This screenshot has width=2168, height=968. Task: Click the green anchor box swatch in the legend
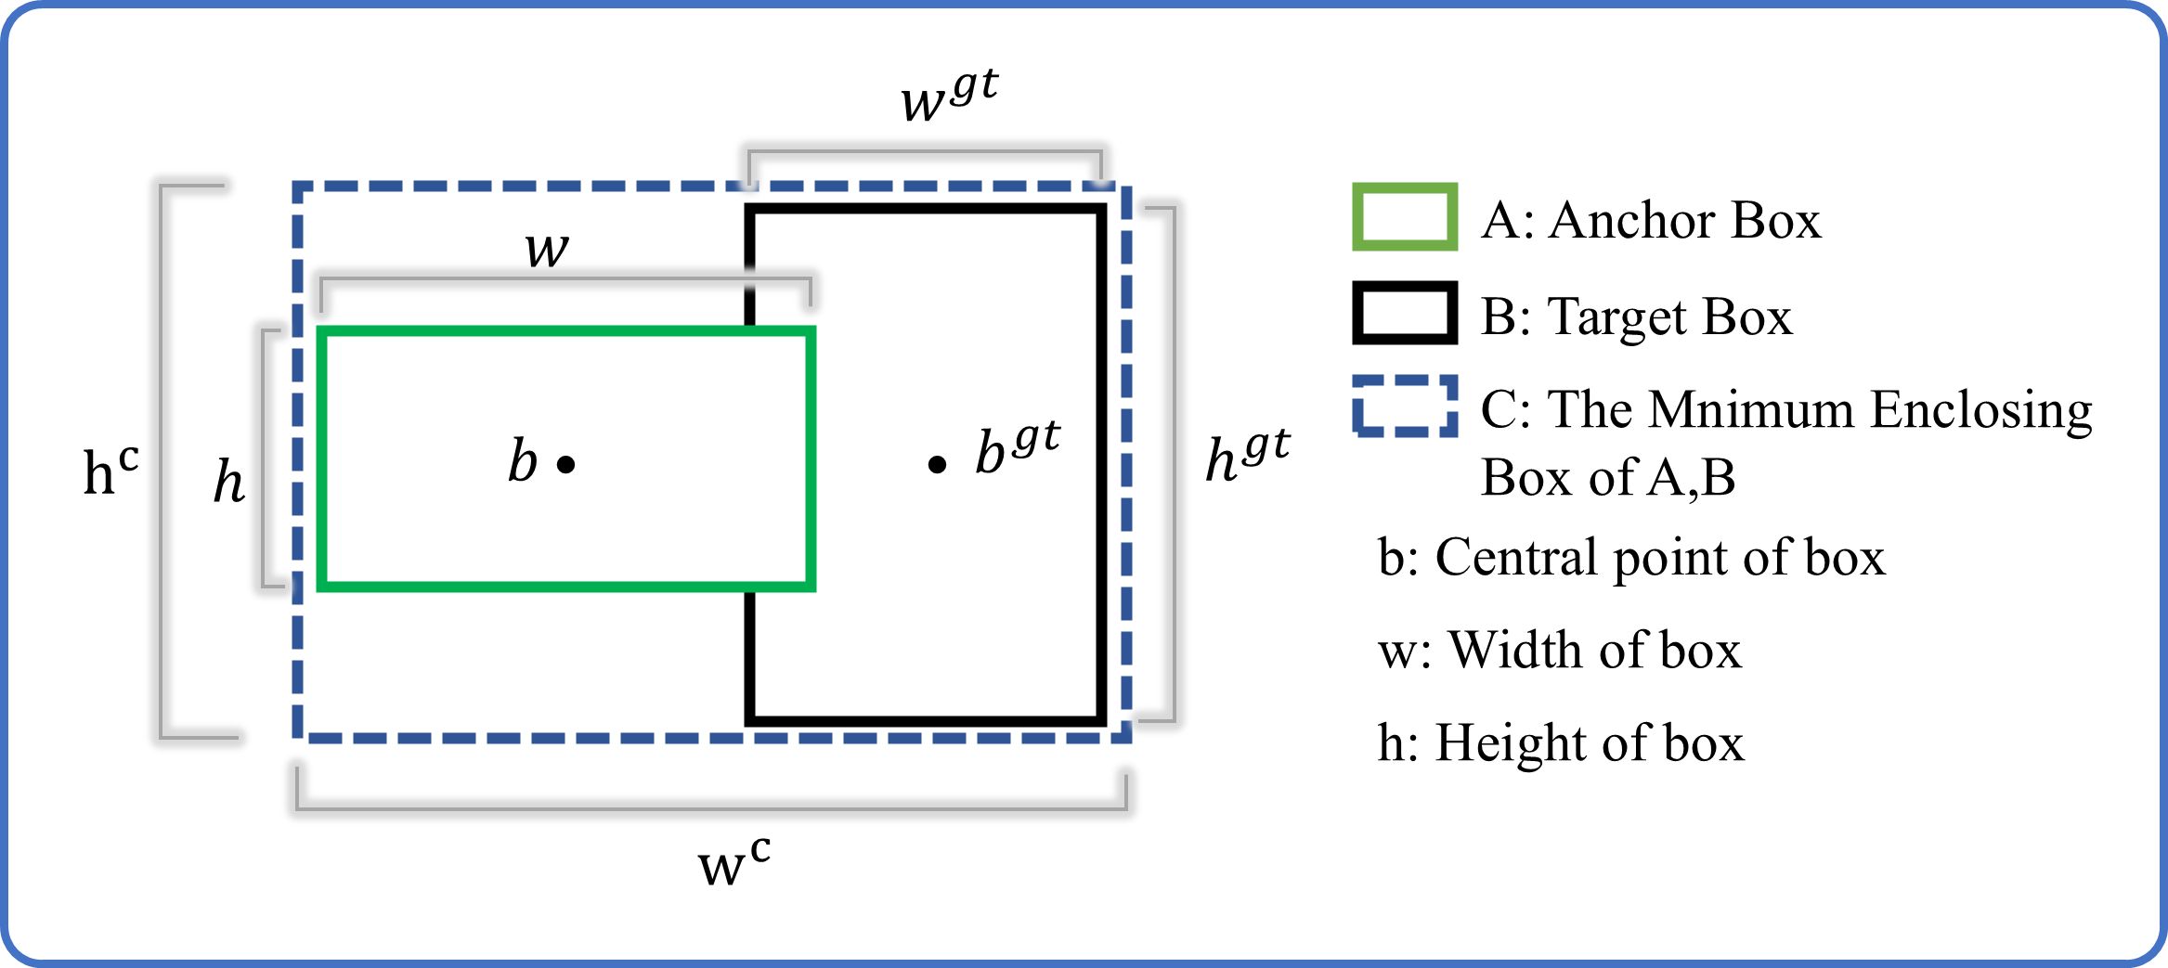(1404, 217)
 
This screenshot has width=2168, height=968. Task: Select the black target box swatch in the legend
(1404, 313)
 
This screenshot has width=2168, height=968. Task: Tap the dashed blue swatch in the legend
(1404, 406)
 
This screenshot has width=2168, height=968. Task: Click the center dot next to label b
(566, 464)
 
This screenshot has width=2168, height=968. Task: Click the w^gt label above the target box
(948, 96)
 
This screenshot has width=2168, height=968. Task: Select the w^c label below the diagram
(733, 862)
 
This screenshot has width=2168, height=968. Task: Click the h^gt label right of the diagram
(1247, 455)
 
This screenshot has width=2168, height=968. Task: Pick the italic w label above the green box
(546, 249)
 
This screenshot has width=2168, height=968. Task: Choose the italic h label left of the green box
(228, 481)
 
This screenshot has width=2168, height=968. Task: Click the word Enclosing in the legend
(1981, 411)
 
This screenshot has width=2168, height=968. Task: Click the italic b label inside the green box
(523, 460)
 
